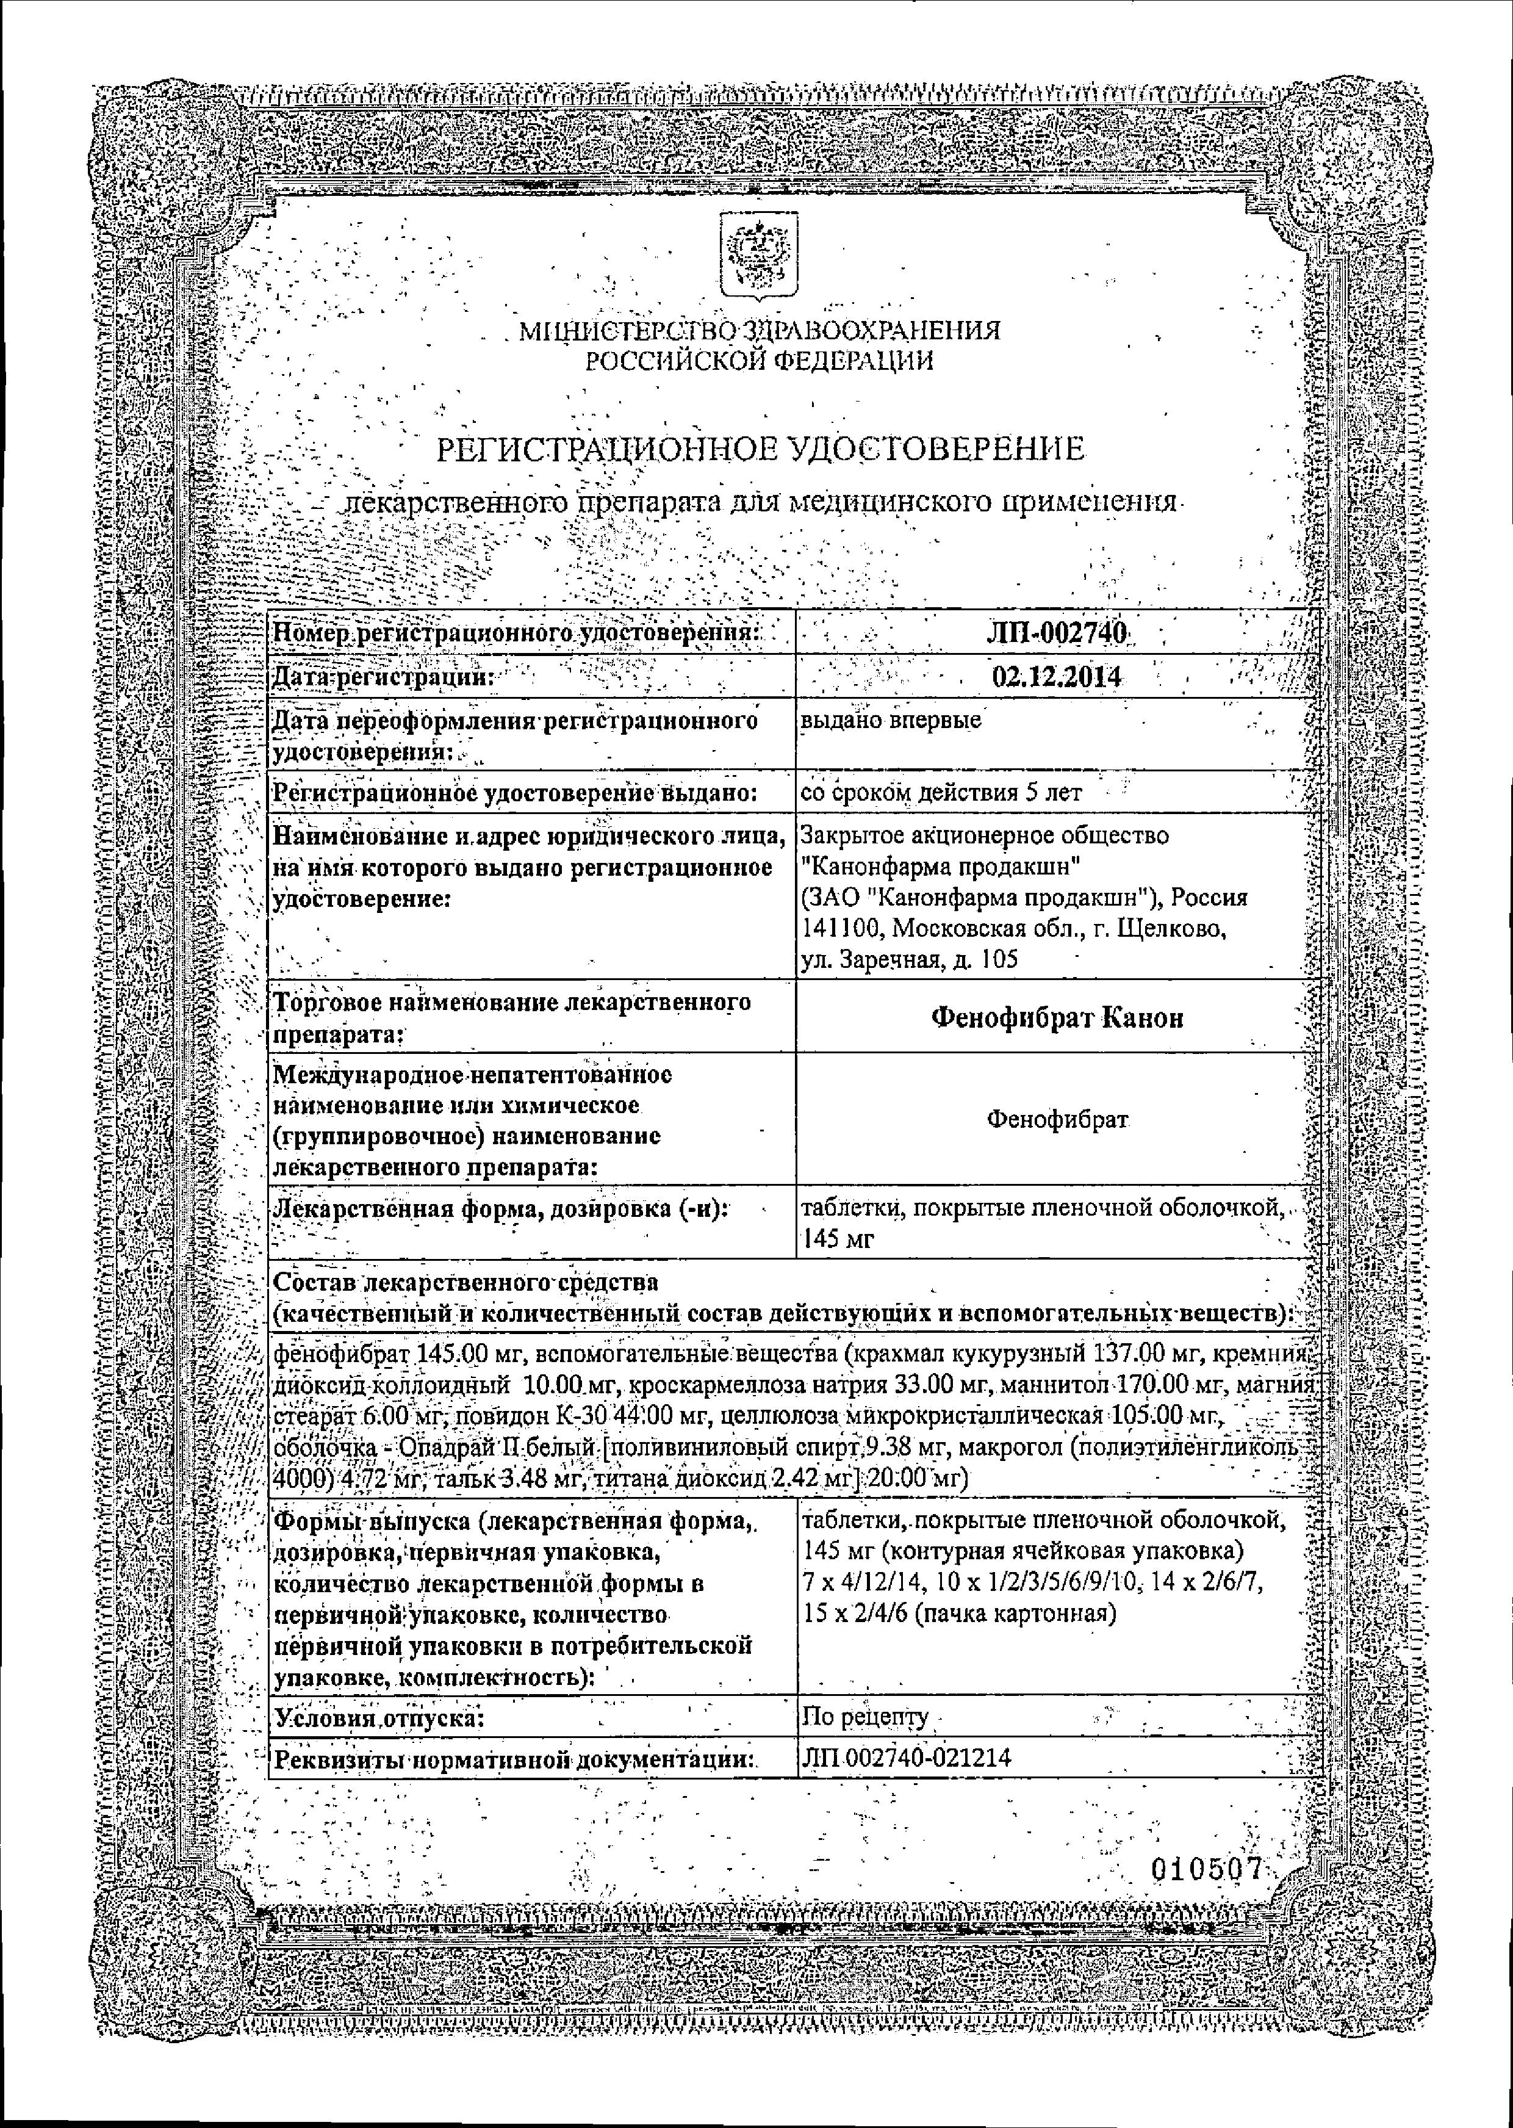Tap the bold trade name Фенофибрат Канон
[x=1057, y=1017]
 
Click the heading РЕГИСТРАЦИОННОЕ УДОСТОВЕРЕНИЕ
[x=760, y=451]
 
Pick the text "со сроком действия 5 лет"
[x=941, y=793]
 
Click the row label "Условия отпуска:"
[x=376, y=1717]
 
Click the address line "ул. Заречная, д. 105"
[x=907, y=960]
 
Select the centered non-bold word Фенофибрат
[x=1057, y=1119]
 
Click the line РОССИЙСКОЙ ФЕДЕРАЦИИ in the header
[x=760, y=361]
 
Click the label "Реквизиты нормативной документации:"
[x=512, y=1759]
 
